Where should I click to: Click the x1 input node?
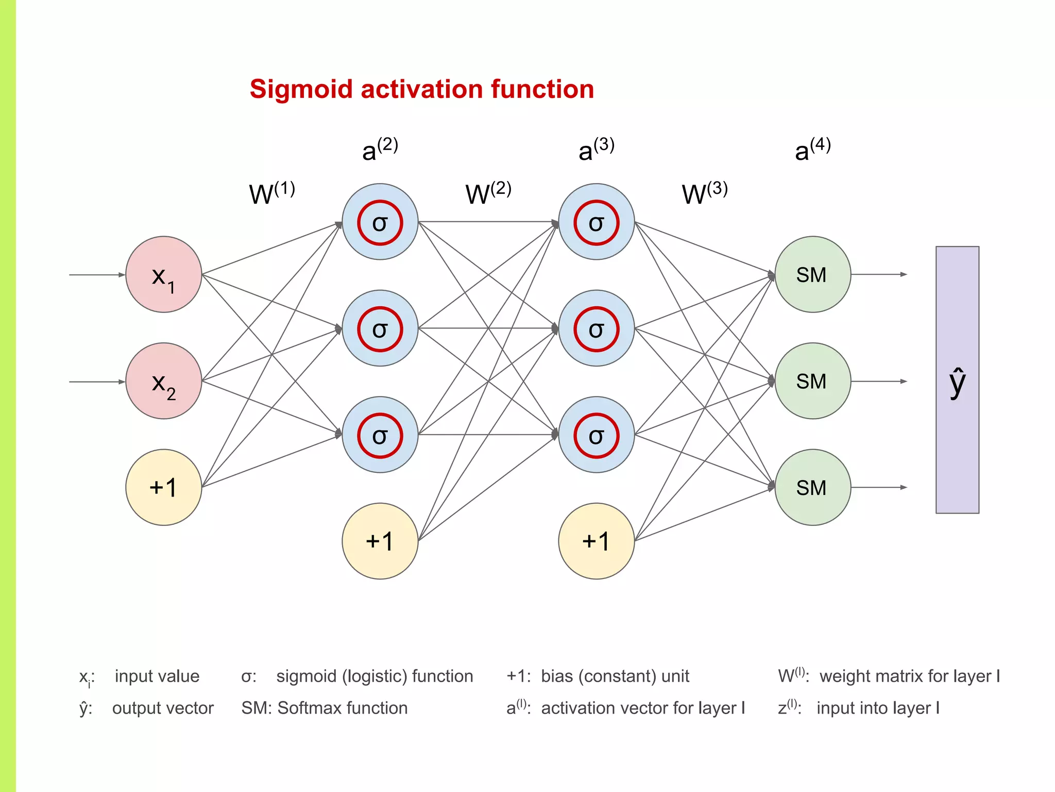pyautogui.click(x=163, y=275)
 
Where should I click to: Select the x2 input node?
pyautogui.click(x=163, y=381)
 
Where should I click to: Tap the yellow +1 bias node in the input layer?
pyautogui.click(x=163, y=487)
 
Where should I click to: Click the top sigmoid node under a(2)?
pyautogui.click(x=380, y=222)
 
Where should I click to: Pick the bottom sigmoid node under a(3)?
pyautogui.click(x=596, y=435)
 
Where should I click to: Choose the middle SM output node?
pyautogui.click(x=812, y=381)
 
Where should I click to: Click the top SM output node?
pyautogui.click(x=812, y=275)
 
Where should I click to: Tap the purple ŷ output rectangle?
pyautogui.click(x=957, y=380)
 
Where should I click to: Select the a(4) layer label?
pyautogui.click(x=812, y=150)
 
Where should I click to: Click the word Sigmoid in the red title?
pyautogui.click(x=301, y=89)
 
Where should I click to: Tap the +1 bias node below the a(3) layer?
pyautogui.click(x=596, y=541)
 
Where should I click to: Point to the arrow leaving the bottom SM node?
pyautogui.click(x=878, y=487)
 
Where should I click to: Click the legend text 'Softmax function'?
pyautogui.click(x=343, y=708)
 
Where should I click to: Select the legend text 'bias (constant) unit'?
pyautogui.click(x=615, y=676)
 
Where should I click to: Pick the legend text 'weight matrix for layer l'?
pyautogui.click(x=909, y=676)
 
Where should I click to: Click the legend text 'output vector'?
pyautogui.click(x=163, y=708)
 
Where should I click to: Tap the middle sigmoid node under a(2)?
pyautogui.click(x=380, y=328)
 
